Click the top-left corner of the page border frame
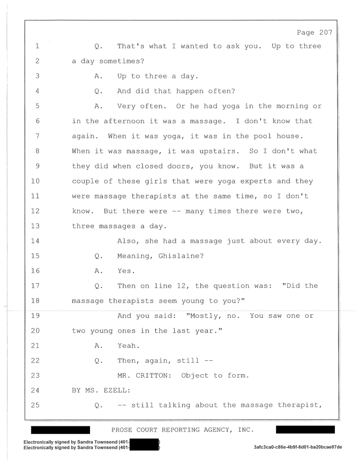25,20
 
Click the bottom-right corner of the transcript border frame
339,420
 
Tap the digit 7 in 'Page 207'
330,32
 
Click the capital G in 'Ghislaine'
161,256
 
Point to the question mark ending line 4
233,91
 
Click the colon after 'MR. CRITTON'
170,376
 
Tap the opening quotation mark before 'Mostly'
188,315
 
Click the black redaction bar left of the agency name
60,430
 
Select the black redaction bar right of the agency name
305,430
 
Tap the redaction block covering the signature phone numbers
145,445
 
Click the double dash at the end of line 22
209,361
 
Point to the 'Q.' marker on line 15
99,256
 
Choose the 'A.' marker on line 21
99,346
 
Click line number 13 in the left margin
35,226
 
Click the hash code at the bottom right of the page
298,447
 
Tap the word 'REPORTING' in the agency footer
180,430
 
